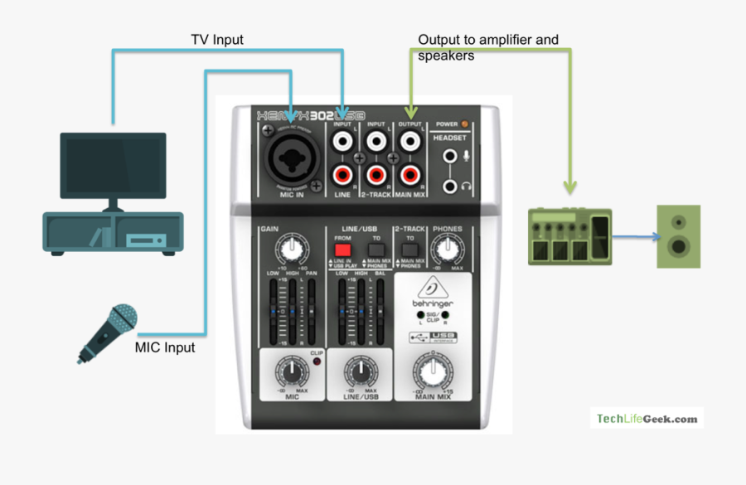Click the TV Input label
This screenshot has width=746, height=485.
[217, 39]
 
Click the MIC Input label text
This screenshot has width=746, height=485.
[165, 347]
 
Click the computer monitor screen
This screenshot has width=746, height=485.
[112, 165]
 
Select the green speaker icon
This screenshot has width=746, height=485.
[678, 236]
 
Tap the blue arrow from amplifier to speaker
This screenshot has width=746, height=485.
[637, 237]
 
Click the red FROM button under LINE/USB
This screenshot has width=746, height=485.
[342, 248]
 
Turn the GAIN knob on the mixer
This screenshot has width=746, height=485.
[290, 248]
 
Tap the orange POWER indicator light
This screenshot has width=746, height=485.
[464, 124]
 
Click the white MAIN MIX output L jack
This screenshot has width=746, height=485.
[409, 143]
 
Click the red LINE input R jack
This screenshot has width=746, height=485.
[342, 175]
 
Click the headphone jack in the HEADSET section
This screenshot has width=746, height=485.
[450, 187]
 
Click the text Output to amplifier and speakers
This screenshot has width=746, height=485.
[487, 47]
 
